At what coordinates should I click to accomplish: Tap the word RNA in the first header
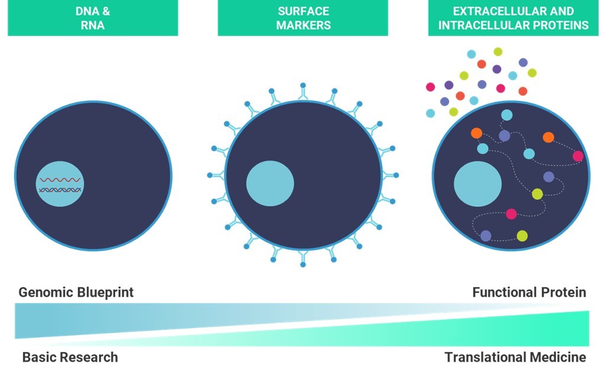click(92, 25)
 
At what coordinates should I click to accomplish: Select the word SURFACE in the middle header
click(304, 11)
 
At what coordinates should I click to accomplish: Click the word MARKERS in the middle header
click(304, 25)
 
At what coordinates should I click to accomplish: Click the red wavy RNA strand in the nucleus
click(60, 180)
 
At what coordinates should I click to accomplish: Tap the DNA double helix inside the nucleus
click(60, 190)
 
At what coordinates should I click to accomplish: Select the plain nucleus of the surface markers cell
click(270, 183)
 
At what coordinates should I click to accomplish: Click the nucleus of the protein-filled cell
click(478, 183)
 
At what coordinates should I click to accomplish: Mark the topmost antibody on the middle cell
click(303, 92)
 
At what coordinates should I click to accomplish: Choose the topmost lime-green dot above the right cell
click(498, 51)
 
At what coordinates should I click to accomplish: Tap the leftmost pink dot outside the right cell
click(431, 87)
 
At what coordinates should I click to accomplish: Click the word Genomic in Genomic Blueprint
click(46, 293)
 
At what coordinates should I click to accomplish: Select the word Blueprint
click(105, 293)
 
